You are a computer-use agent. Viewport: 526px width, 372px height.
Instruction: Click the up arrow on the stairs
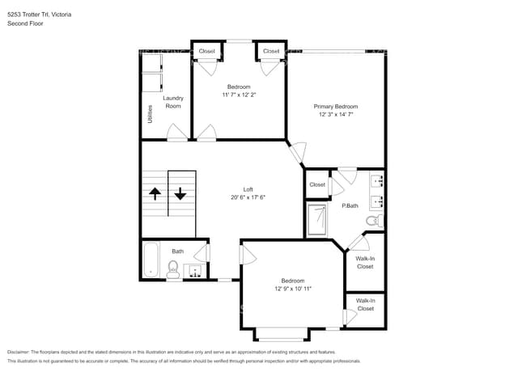pos(155,194)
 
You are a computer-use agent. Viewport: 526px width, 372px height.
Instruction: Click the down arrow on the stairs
pos(180,194)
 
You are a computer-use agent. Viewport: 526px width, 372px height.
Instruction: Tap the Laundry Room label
pos(173,103)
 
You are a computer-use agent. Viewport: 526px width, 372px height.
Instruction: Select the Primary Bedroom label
pos(336,107)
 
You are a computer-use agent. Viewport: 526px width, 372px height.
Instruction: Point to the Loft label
pos(248,189)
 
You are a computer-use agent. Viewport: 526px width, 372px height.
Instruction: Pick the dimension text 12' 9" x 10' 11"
pos(292,289)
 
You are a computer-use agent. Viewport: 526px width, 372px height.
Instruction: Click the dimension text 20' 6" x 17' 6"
pos(248,197)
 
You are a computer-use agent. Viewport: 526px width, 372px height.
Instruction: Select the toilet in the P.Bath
pos(373,220)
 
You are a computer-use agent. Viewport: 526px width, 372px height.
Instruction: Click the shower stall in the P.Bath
pos(317,220)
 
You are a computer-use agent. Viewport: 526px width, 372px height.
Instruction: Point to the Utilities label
pos(150,113)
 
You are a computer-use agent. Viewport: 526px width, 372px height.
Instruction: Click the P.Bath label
pos(350,206)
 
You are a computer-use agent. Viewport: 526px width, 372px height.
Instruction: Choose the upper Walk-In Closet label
pos(365,263)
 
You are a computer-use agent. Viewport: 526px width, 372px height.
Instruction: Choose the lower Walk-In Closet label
pos(365,305)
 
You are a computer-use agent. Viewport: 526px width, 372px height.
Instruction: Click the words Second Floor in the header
pos(25,23)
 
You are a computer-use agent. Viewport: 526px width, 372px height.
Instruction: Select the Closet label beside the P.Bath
pos(316,184)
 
